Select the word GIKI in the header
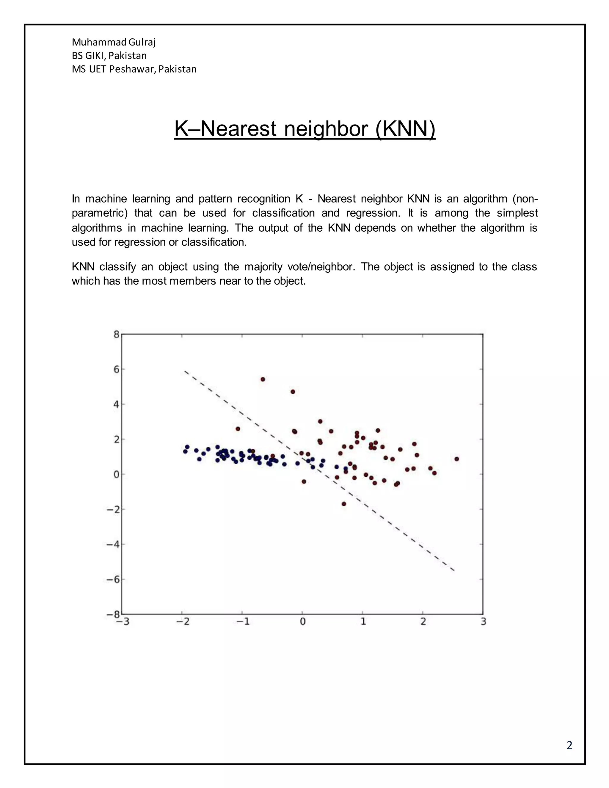[x=95, y=56]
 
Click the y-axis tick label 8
[x=116, y=335]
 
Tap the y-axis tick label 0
[x=116, y=475]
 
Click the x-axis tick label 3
[x=484, y=622]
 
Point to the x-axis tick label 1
[x=363, y=622]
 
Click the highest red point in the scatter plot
[x=263, y=379]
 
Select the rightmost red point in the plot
[x=457, y=459]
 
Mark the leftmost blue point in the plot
[x=185, y=451]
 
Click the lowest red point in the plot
[x=344, y=504]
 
